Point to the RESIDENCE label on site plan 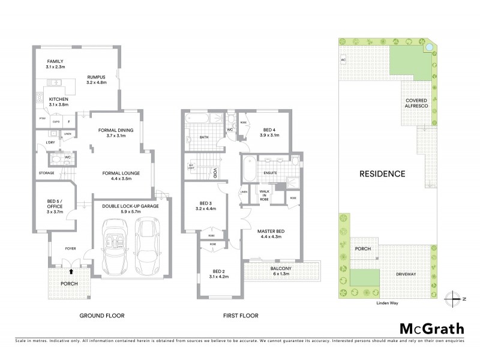pyautogui.click(x=382, y=174)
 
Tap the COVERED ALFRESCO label pyautogui.click(x=416, y=103)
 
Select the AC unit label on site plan pyautogui.click(x=343, y=60)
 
